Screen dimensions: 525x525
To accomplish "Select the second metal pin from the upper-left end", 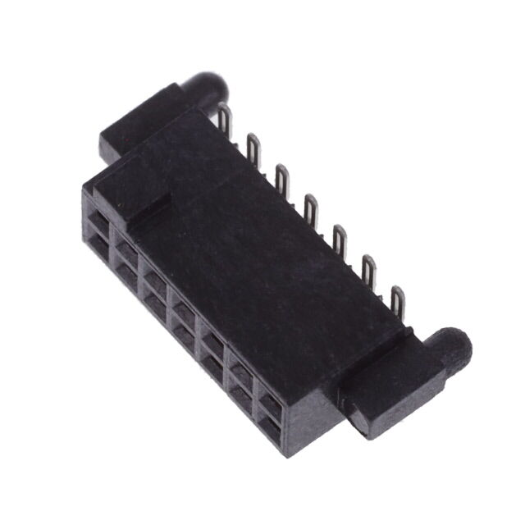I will point(253,148).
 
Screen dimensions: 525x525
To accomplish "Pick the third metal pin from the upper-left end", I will point(281,177).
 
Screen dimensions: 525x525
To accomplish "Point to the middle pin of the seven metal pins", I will point(311,207).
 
